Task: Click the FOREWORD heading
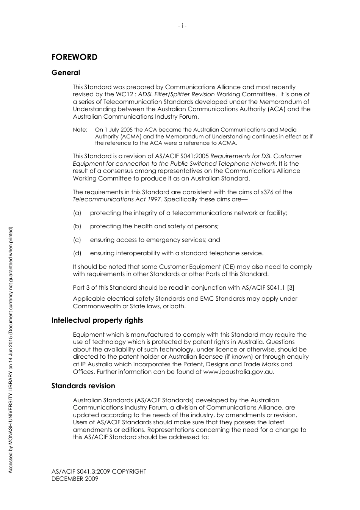coord(74,57)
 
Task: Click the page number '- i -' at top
coord(182,26)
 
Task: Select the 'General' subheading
coord(66,73)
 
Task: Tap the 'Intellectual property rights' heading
coord(97,320)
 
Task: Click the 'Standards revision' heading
coord(83,386)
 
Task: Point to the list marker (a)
coord(77,213)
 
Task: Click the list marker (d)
coord(77,253)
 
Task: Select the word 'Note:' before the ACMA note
coord(80,130)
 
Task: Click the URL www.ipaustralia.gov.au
coord(238,372)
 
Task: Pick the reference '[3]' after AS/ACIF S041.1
coord(290,287)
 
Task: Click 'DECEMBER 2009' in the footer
coord(75,479)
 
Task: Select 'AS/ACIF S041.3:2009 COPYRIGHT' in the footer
coord(99,472)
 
